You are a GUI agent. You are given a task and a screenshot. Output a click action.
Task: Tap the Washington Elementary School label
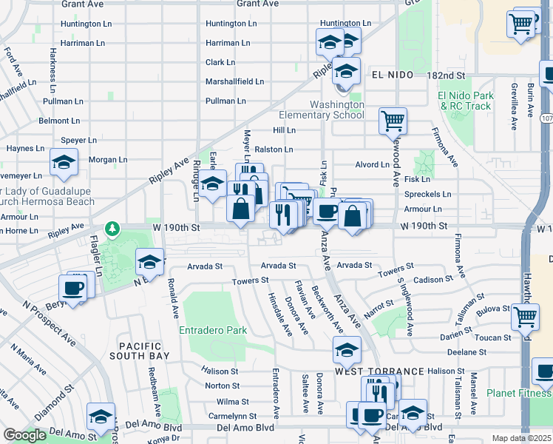[x=322, y=110]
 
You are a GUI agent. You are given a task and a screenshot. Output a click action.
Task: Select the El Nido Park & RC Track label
[x=466, y=101]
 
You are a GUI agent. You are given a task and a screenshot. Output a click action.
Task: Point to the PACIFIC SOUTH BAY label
[x=145, y=351]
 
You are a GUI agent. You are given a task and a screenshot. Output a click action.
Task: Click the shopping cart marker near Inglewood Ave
[x=393, y=120]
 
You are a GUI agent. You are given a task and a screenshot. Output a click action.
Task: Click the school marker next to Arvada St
[x=149, y=261]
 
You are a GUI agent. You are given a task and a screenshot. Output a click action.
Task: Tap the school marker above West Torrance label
[x=347, y=349]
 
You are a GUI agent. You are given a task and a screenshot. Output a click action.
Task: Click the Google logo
[x=24, y=435]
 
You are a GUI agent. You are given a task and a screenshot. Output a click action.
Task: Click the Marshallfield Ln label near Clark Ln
[x=234, y=81]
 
